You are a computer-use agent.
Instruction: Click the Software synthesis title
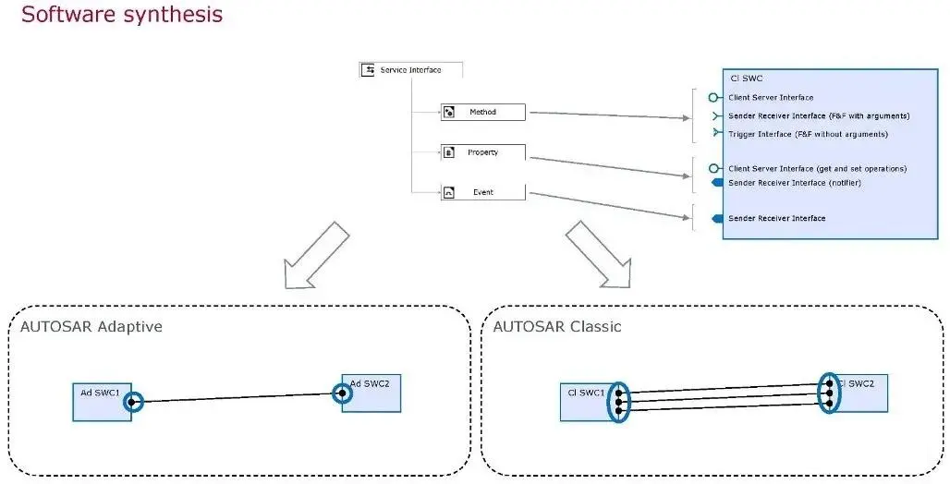tap(122, 15)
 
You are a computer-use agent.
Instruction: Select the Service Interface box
tap(410, 69)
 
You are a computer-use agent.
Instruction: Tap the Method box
tap(483, 112)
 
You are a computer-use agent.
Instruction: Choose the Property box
tap(483, 152)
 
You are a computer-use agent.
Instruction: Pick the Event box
tap(483, 192)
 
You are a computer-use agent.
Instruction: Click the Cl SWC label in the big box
tap(746, 79)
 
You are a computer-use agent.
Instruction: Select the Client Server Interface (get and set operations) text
tap(817, 168)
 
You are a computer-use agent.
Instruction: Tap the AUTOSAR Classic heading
tap(557, 327)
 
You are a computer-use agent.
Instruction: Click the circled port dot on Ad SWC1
tap(133, 402)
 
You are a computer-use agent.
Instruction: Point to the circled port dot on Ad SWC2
tap(342, 393)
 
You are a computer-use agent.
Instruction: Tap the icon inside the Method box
tap(449, 113)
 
